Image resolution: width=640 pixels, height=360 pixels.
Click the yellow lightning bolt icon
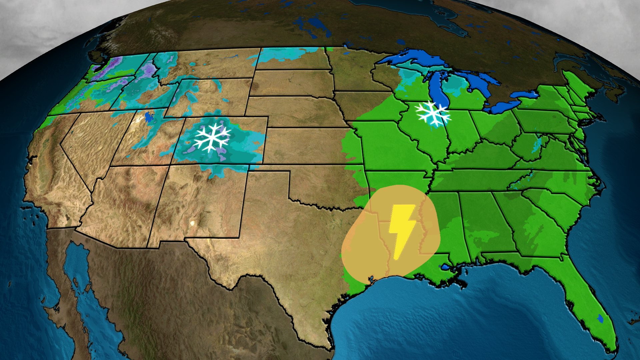(403, 230)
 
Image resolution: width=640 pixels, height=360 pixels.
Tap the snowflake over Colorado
(212, 137)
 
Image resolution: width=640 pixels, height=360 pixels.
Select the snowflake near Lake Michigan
(433, 113)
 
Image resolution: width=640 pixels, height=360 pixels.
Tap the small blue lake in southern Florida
(600, 319)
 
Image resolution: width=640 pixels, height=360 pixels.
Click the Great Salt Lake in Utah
(149, 117)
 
